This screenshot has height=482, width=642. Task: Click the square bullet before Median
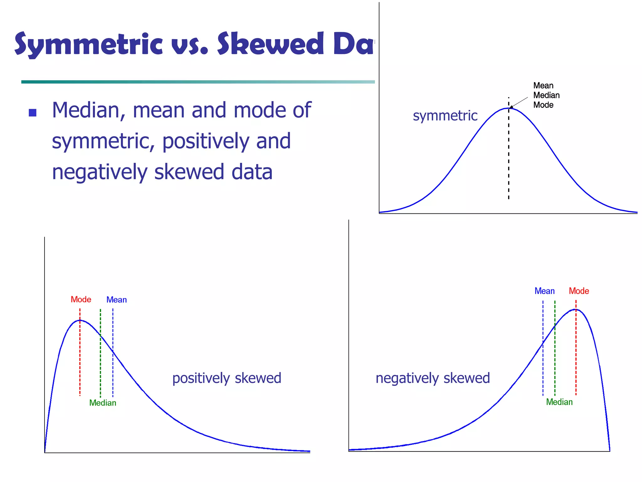coord(33,113)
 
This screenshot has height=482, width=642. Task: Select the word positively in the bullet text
coord(206,141)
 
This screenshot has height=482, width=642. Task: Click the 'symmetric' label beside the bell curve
coord(445,116)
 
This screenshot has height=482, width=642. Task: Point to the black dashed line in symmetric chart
coord(508,157)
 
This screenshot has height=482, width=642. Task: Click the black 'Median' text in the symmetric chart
coord(546,95)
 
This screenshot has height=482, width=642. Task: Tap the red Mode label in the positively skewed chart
coord(81,299)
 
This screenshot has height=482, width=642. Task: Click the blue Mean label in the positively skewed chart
coord(117,300)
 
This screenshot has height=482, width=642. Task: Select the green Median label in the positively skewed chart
coord(103,403)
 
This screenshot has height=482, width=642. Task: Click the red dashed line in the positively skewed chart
coord(80,358)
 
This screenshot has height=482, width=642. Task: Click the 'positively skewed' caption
coord(227,378)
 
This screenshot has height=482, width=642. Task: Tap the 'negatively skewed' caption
coord(433,378)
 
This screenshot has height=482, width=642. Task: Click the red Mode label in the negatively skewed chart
coord(579,291)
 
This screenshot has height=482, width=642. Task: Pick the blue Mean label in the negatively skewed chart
coord(545,291)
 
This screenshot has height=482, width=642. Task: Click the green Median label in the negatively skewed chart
coord(559,402)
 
